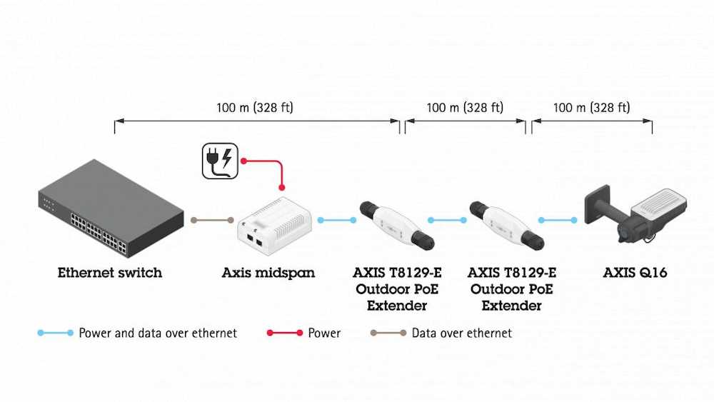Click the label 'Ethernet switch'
pos(110,273)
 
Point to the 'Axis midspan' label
pos(268,273)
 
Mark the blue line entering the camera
pos(558,220)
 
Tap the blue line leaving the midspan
pos(337,220)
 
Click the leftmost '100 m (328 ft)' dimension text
pos(255,108)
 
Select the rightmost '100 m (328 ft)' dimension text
pos(592,108)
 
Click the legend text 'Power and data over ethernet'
pos(158,333)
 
